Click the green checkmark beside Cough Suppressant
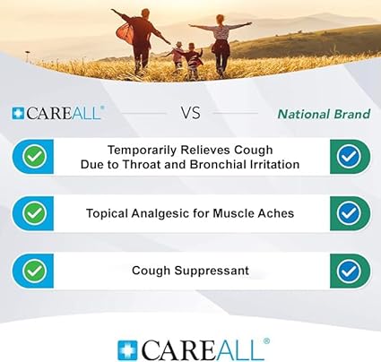(35, 271)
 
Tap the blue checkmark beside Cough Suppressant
(349, 271)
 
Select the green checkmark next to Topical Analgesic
(35, 213)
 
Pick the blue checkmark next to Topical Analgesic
(349, 213)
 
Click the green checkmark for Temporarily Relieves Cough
(35, 156)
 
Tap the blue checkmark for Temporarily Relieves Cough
(349, 156)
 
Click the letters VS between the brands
(190, 113)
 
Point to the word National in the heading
(304, 114)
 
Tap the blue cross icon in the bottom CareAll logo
(127, 350)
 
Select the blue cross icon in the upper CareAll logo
(18, 114)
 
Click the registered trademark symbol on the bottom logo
(266, 341)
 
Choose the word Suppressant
(212, 271)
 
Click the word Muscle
(229, 213)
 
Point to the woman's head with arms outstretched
(221, 20)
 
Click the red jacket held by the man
(126, 33)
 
